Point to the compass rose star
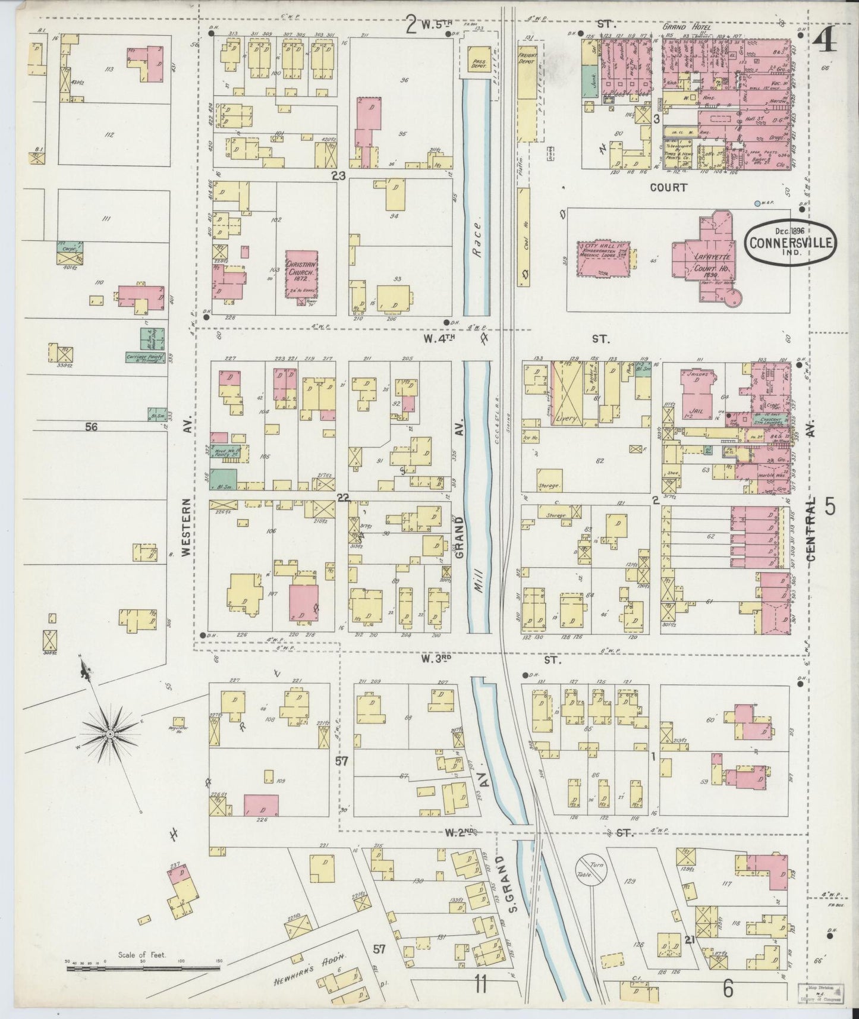[110, 735]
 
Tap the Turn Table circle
[590, 872]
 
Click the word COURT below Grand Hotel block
[668, 187]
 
